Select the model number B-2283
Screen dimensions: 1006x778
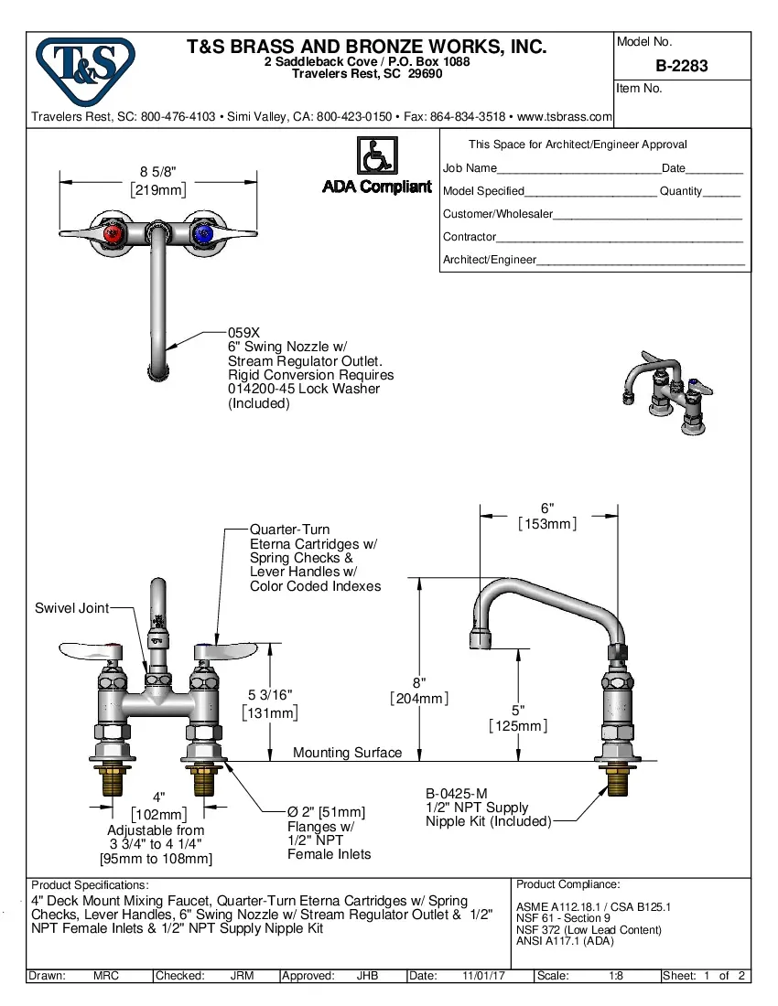tap(681, 66)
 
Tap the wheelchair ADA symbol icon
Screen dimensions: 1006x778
tap(375, 155)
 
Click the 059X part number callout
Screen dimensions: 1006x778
tap(243, 333)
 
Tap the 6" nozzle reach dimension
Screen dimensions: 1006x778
tap(547, 508)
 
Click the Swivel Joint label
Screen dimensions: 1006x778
tap(71, 608)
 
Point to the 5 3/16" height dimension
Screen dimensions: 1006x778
tap(271, 696)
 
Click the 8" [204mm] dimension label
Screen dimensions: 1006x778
tap(419, 683)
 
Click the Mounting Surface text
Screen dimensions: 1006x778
tap(347, 753)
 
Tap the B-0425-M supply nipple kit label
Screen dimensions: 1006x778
tap(459, 794)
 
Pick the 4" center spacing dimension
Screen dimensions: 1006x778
tap(158, 797)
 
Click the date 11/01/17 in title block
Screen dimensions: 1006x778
tap(484, 976)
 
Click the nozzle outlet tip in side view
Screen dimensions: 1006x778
tap(480, 637)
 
